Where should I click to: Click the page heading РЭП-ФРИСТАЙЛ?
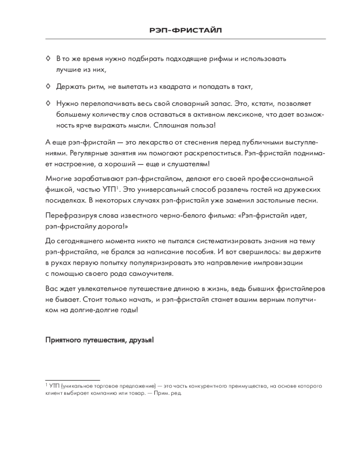click(185, 30)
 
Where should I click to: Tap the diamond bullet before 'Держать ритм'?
click(48, 85)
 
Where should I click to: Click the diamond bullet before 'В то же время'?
click(48, 58)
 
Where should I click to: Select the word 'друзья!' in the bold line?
click(143, 340)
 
